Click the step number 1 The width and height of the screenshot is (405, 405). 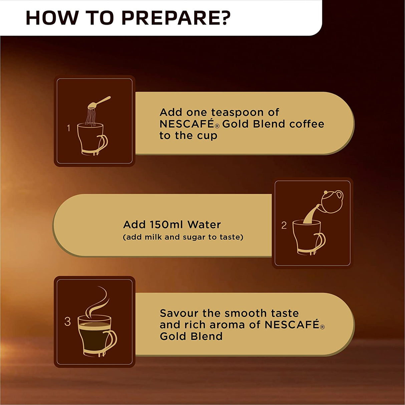tap(68, 128)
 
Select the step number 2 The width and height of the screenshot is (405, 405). tap(284, 225)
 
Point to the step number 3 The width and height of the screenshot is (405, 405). tap(67, 322)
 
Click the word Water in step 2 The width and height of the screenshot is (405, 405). tap(204, 224)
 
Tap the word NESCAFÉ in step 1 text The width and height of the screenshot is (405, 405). tap(186, 124)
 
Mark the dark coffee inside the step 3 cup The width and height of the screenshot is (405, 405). tap(94, 337)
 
